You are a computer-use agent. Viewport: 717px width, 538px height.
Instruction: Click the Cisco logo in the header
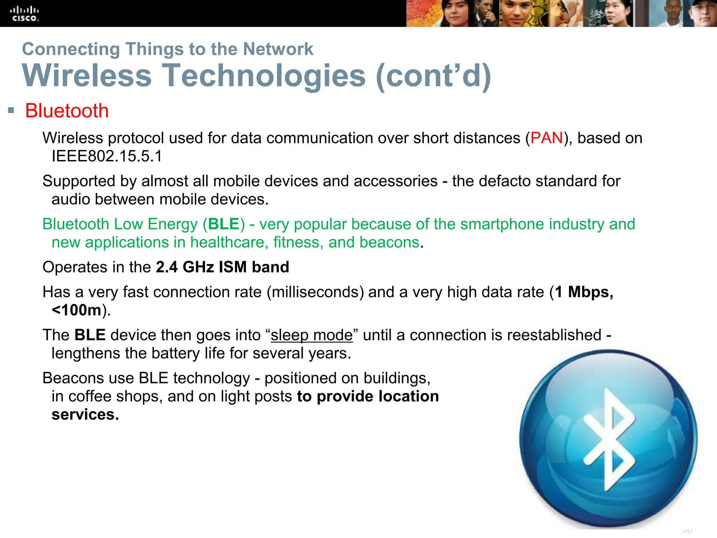pos(24,14)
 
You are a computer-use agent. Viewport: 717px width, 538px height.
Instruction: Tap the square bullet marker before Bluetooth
pos(11,111)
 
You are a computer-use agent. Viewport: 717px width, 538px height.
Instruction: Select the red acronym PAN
pos(547,138)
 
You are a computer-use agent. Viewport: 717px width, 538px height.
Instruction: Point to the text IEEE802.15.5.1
pos(107,156)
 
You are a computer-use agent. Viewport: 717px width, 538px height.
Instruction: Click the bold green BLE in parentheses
pos(224,224)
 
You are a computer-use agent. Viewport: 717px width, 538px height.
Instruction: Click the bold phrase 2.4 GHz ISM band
pos(223,267)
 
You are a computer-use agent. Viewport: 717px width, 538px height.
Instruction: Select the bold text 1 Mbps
pos(583,292)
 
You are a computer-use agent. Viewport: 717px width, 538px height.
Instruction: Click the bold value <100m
pos(77,310)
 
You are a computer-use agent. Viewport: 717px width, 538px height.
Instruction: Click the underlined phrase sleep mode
pos(312,335)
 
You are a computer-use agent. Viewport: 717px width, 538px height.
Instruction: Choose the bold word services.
pos(85,415)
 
